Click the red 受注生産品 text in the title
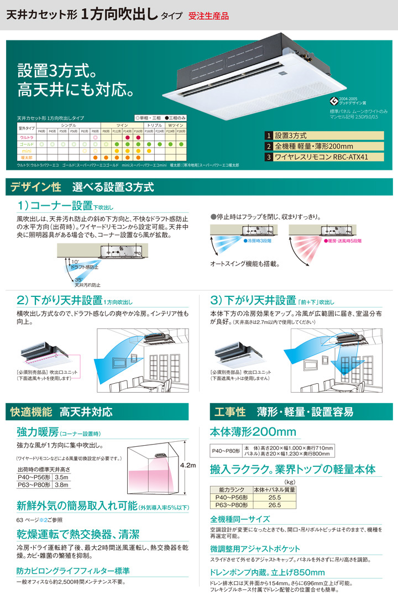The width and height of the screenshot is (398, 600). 208,16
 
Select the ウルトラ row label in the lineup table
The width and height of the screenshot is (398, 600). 26,137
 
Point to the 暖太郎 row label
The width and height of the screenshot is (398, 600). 26,158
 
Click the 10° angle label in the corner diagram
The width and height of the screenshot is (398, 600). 75,260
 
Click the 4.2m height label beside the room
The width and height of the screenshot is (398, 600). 188,466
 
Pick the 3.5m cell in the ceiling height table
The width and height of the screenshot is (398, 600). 62,477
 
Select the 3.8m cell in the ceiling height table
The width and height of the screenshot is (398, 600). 62,484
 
